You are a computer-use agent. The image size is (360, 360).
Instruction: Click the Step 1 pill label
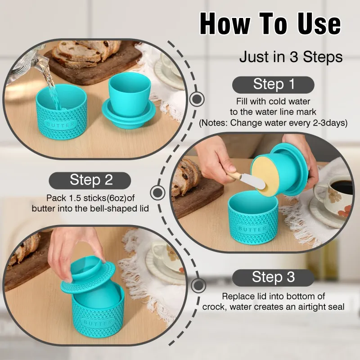(273, 85)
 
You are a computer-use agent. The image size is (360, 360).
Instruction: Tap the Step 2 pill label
(90, 180)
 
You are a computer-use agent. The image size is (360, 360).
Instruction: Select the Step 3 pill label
(273, 278)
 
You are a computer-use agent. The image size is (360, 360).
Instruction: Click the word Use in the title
(319, 24)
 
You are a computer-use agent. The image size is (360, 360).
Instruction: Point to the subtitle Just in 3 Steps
(291, 57)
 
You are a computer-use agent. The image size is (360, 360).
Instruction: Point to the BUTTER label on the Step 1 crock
(61, 125)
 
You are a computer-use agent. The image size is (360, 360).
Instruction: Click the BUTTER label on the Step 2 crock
(252, 229)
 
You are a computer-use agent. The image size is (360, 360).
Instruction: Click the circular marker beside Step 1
(197, 99)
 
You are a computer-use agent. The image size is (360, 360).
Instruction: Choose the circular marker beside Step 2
(157, 193)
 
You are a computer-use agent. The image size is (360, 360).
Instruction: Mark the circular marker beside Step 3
(198, 285)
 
